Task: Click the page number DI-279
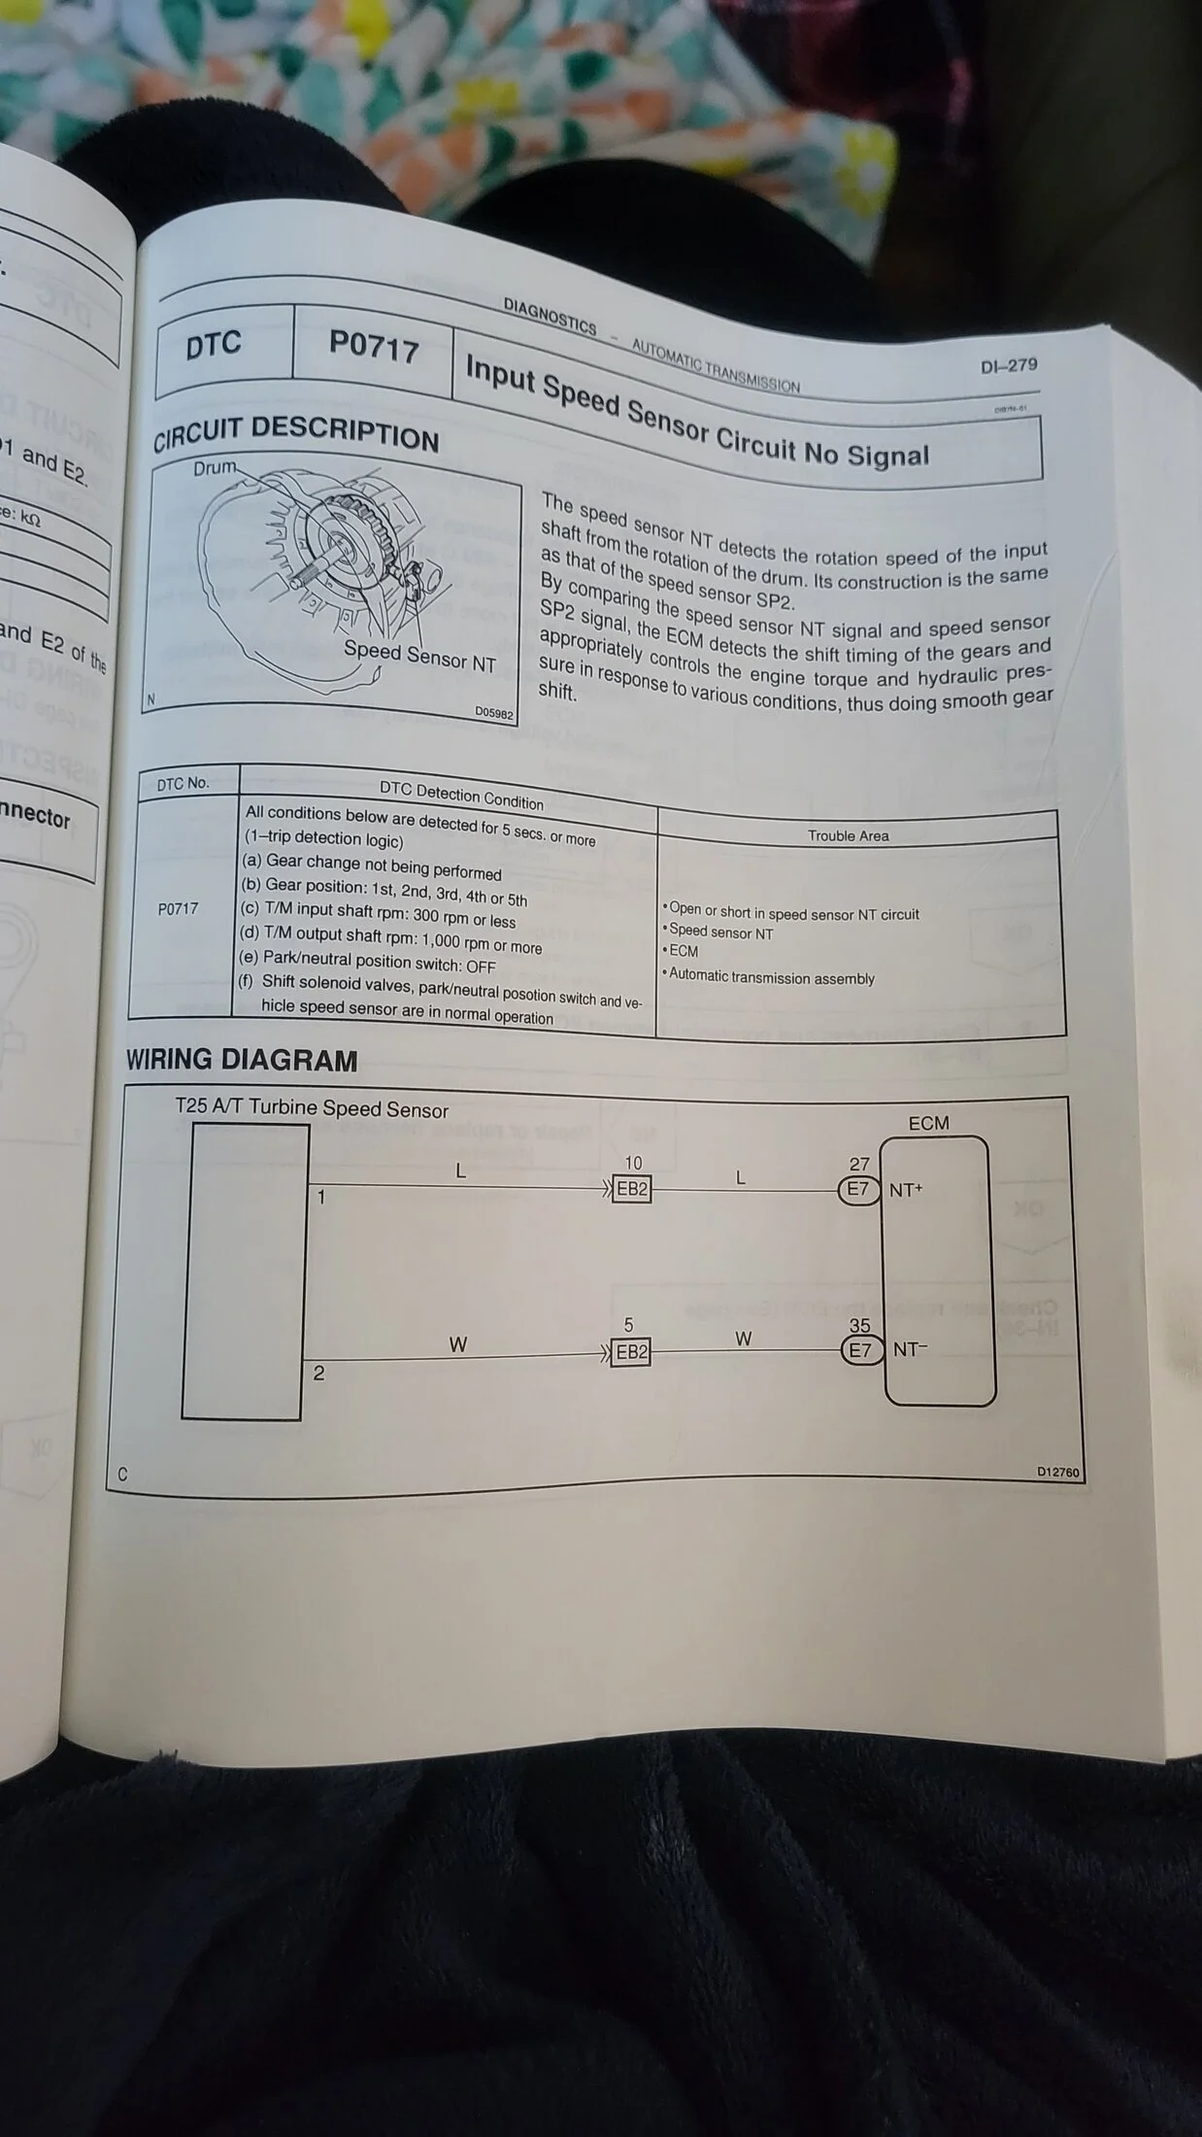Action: click(x=1009, y=365)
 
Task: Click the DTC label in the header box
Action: click(x=214, y=344)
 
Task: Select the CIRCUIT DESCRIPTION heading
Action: click(x=296, y=432)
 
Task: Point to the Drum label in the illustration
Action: click(x=215, y=467)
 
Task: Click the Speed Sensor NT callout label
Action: click(x=419, y=657)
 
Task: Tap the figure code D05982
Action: click(x=494, y=712)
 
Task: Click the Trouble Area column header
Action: click(x=848, y=835)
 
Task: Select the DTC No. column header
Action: click(x=183, y=784)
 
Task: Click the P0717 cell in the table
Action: click(x=178, y=909)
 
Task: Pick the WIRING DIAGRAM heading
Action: click(x=242, y=1061)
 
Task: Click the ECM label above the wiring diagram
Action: click(x=928, y=1123)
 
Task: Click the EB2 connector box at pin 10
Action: click(x=632, y=1189)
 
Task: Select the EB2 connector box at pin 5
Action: click(x=631, y=1352)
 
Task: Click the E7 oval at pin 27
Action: click(x=859, y=1189)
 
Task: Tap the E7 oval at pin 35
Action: click(x=860, y=1350)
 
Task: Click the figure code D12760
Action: click(x=1057, y=1472)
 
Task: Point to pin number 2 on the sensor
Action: click(x=318, y=1374)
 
